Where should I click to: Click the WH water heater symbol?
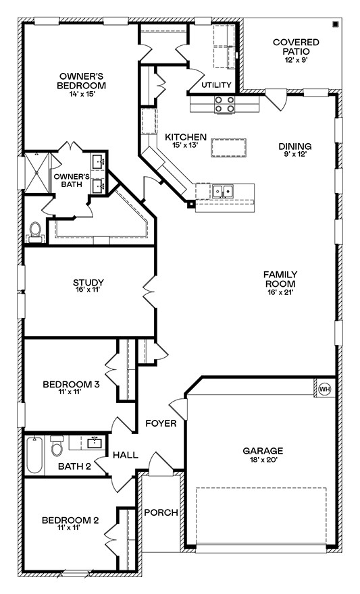(324, 389)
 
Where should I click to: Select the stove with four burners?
(225, 104)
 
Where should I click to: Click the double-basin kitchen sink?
(222, 192)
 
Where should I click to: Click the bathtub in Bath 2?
(34, 456)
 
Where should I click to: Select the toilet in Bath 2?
(57, 446)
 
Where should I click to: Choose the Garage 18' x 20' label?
(263, 455)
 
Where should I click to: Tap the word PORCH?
(161, 512)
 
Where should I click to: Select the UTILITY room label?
(216, 85)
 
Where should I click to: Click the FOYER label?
(161, 423)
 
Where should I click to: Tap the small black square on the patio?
(336, 25)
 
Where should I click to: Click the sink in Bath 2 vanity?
(93, 443)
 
